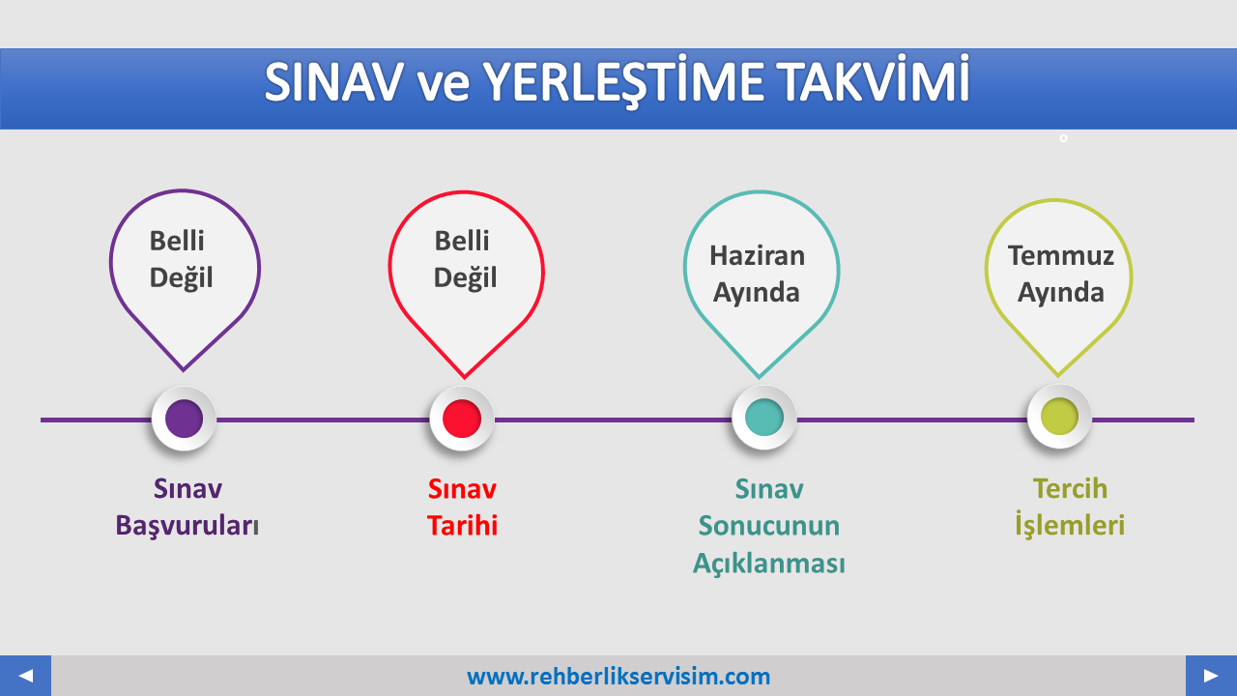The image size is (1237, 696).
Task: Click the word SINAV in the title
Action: (334, 83)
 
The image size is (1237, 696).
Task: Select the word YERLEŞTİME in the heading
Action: (623, 81)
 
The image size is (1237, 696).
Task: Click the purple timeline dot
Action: (184, 419)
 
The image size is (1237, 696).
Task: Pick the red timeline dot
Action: (462, 419)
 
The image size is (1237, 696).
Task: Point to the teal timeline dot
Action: (764, 417)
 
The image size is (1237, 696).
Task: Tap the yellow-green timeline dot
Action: (1059, 417)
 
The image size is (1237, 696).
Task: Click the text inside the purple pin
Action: (181, 259)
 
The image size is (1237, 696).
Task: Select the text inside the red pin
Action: (465, 259)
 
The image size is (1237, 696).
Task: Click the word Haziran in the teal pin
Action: (757, 256)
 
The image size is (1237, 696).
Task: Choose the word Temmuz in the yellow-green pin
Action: (1061, 256)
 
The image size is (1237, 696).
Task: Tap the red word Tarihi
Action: (462, 525)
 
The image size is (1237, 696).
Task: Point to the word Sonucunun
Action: (768, 525)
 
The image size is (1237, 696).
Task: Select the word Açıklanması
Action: (768, 564)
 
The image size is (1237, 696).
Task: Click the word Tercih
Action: (1070, 489)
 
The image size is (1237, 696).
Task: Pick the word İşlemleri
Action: (1070, 524)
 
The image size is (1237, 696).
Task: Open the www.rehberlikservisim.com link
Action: (618, 677)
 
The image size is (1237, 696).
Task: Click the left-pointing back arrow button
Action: (25, 676)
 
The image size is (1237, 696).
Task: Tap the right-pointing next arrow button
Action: (1211, 676)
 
